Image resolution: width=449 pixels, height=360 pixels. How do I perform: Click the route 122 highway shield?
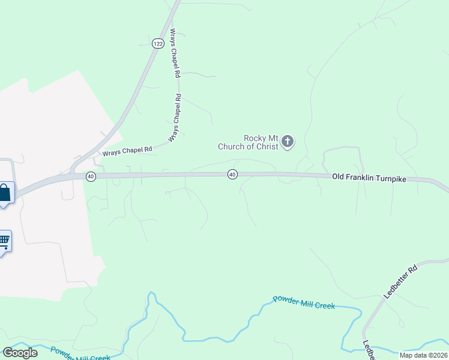158,43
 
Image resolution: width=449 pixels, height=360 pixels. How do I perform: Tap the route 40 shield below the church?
232,174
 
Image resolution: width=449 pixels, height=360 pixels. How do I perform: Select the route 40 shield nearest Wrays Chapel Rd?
90,176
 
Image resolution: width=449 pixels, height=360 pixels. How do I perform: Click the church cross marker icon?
288,142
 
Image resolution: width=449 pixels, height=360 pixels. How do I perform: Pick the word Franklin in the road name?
362,178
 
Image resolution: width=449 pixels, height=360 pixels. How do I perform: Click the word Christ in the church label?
266,146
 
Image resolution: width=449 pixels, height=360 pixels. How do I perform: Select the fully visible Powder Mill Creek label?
304,302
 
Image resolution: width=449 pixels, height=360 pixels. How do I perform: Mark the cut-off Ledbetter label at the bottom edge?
368,351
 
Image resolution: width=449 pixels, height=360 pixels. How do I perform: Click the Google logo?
20,352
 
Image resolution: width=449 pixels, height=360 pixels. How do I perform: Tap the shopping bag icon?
4,193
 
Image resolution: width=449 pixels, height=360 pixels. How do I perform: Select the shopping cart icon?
4,241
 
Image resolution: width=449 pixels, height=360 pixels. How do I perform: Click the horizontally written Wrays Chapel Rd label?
127,151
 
